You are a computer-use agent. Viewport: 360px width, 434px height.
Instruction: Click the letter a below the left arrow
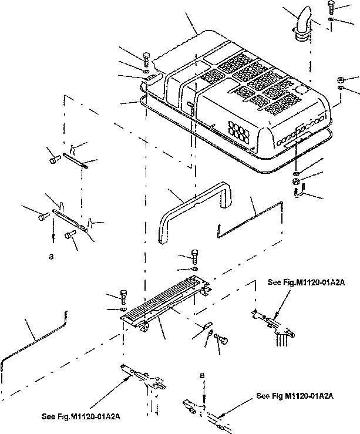(x=53, y=256)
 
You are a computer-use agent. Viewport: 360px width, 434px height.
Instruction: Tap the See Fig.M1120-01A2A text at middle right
(x=305, y=282)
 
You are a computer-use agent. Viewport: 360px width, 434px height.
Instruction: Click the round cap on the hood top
(x=301, y=90)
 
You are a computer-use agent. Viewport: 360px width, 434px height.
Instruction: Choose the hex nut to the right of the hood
(x=341, y=79)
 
